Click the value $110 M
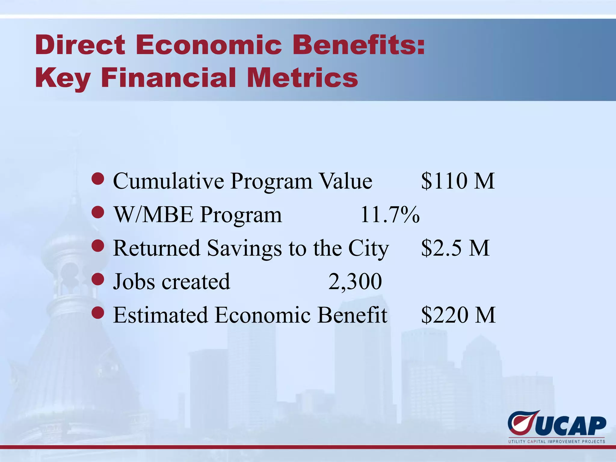click(457, 181)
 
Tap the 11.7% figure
click(390, 215)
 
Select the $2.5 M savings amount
click(455, 248)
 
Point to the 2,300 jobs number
click(355, 282)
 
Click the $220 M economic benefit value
click(458, 315)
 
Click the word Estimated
click(160, 315)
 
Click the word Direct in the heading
click(80, 45)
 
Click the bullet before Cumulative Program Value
click(98, 179)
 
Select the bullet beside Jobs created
click(98, 280)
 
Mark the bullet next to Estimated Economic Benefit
click(98, 313)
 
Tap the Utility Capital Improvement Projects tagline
click(556, 442)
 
